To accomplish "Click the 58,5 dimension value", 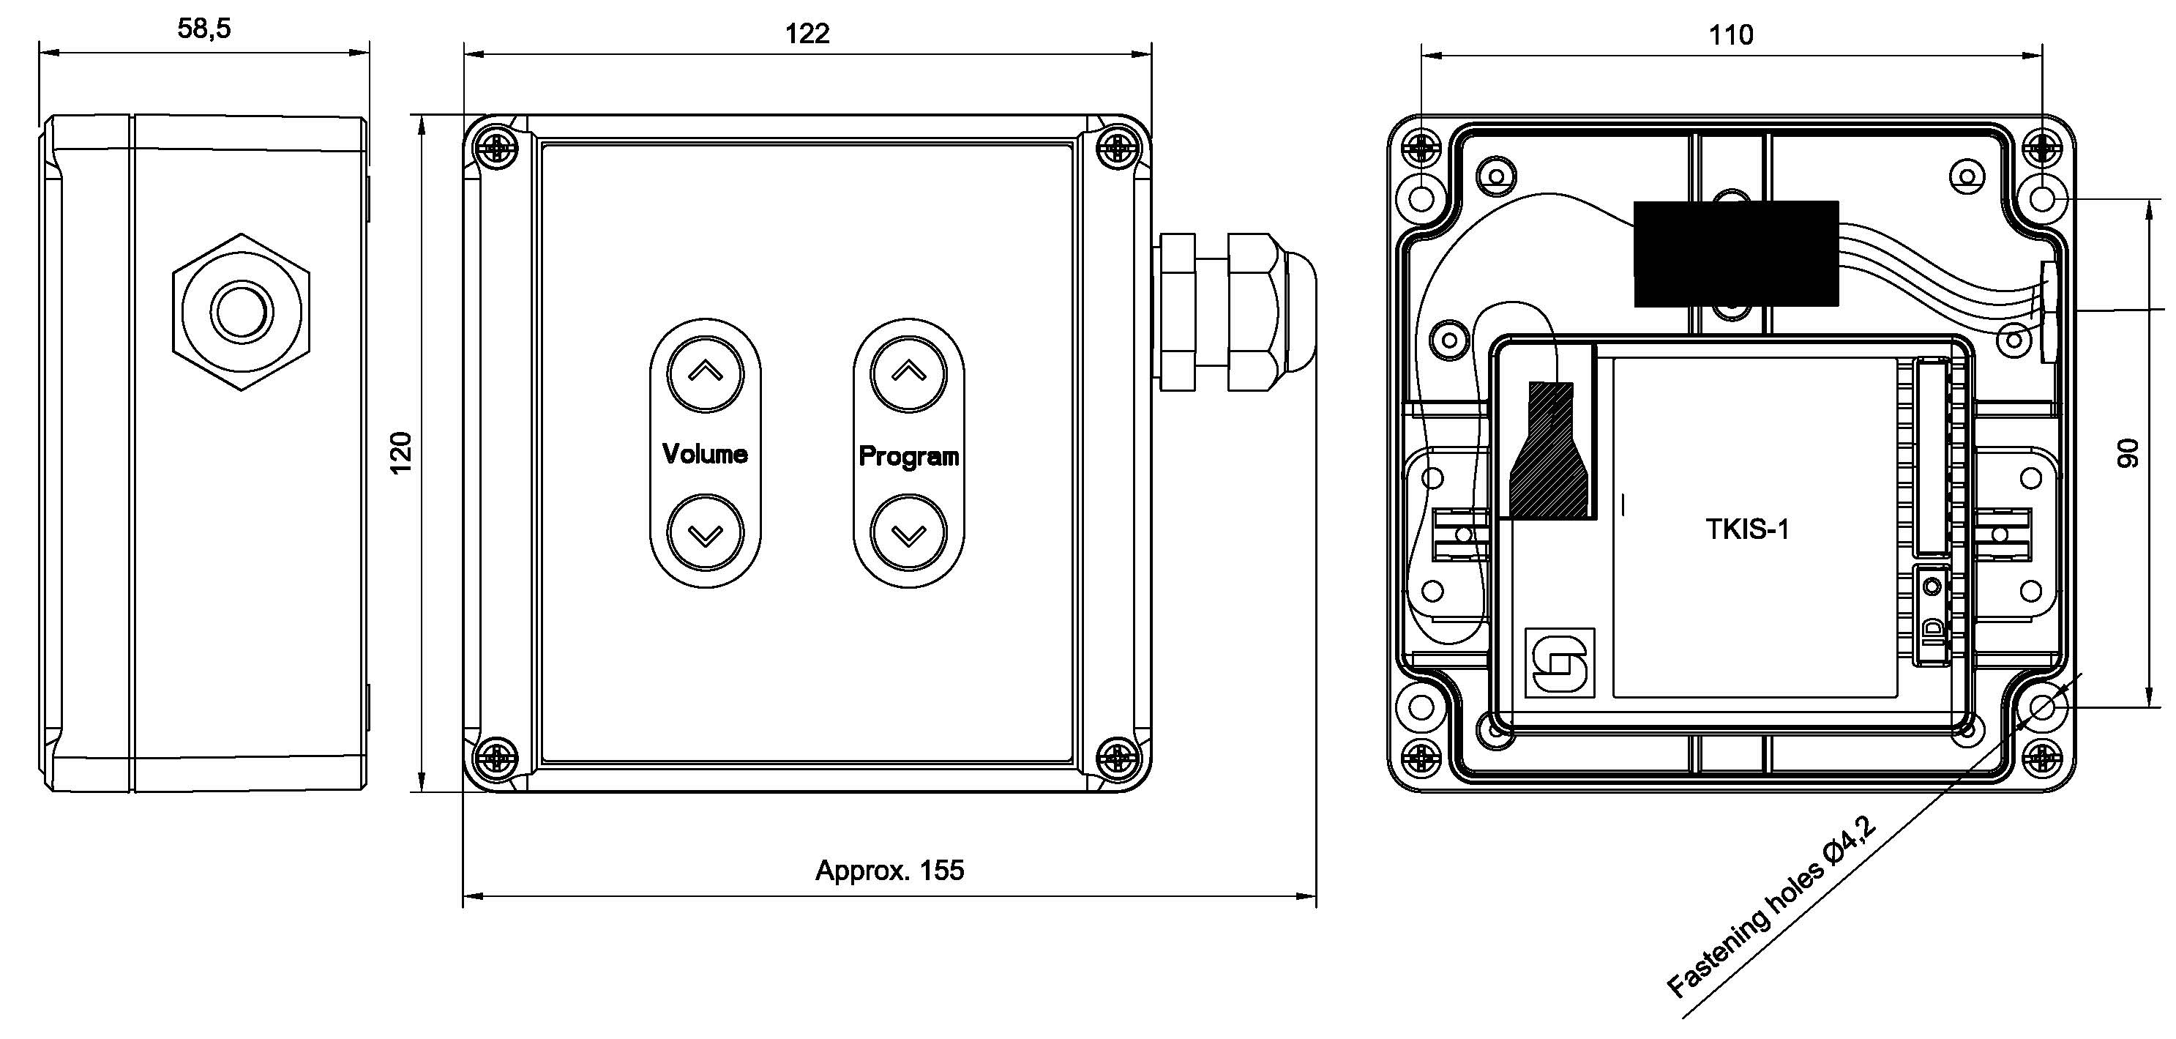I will pyautogui.click(x=203, y=29).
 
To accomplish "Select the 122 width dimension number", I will pyautogui.click(x=807, y=34).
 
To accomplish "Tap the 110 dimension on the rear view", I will pyautogui.click(x=1731, y=35).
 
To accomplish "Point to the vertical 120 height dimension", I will pyautogui.click(x=401, y=452).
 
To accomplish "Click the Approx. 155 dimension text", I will pyautogui.click(x=889, y=870).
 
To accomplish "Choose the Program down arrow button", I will pyautogui.click(x=908, y=533).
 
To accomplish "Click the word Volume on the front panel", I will pyautogui.click(x=705, y=454).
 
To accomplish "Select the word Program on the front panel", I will pyautogui.click(x=908, y=456).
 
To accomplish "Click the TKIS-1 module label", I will pyautogui.click(x=1747, y=529).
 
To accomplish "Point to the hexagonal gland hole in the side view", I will pyautogui.click(x=242, y=312).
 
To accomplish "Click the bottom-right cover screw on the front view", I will pyautogui.click(x=1118, y=756).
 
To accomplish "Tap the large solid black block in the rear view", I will pyautogui.click(x=1736, y=253).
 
